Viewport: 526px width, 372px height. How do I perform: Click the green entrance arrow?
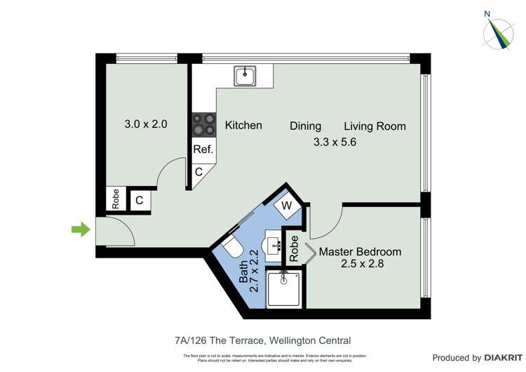click(x=81, y=229)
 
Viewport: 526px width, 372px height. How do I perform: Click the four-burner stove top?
click(x=203, y=125)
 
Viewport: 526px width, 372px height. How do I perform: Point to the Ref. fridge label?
click(x=203, y=150)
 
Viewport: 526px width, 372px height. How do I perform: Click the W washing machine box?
click(x=287, y=206)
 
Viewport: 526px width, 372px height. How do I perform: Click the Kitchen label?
click(x=243, y=126)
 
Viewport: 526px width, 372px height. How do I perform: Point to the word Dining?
click(x=306, y=126)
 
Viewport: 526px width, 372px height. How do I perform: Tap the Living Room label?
click(x=375, y=126)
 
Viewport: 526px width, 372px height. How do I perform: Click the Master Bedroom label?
click(x=360, y=251)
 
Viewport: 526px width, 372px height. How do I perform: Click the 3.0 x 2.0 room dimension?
click(x=146, y=124)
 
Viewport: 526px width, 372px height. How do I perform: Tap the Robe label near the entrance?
click(x=116, y=199)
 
